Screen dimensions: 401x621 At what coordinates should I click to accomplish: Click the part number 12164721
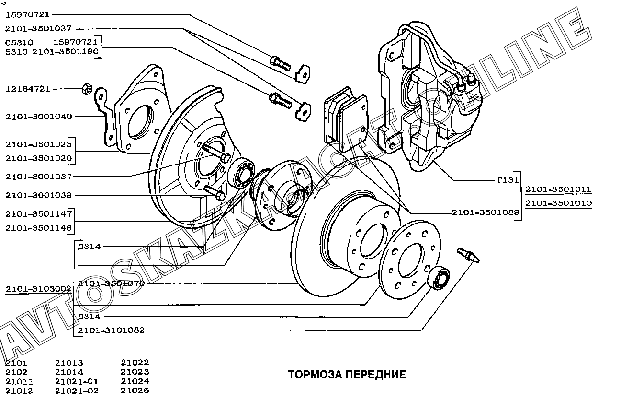coord(28,89)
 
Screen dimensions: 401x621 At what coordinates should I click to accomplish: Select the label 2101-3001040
coord(39,117)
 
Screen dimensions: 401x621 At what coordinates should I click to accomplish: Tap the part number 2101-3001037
coord(39,177)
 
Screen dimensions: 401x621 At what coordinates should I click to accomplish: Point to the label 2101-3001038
coord(39,196)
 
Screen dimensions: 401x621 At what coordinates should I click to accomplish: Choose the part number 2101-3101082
coord(111,330)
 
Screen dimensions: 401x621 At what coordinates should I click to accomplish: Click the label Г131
coord(508,181)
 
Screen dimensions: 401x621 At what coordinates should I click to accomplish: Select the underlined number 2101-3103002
coord(39,289)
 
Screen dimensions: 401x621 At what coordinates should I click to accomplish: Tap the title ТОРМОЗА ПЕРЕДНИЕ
coord(347,375)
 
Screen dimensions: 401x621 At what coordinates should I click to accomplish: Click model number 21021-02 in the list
coord(77,390)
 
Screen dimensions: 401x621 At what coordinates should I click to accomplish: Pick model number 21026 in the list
coord(135,390)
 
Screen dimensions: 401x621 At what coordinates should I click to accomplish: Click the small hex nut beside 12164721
coord(87,88)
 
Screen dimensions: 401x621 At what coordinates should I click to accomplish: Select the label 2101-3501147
coord(39,214)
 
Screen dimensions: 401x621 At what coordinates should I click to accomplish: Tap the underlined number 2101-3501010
coord(558,203)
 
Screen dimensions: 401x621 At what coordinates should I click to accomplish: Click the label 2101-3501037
coord(39,29)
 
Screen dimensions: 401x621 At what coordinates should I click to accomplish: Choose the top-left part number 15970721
coord(28,15)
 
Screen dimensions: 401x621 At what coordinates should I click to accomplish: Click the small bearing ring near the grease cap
coord(438,278)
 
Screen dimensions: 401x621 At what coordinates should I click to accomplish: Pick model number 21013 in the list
coord(69,363)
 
